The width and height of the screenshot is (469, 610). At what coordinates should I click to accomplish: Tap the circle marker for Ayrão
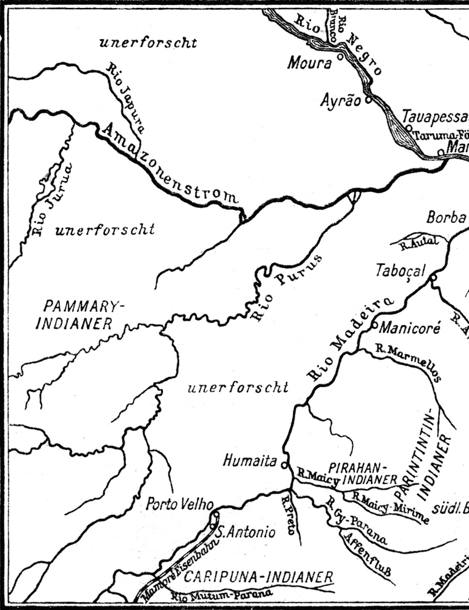(x=368, y=98)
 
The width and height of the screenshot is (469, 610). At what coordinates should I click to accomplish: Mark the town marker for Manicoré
(x=374, y=324)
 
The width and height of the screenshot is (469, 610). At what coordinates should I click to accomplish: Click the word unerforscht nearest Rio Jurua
(x=104, y=230)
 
